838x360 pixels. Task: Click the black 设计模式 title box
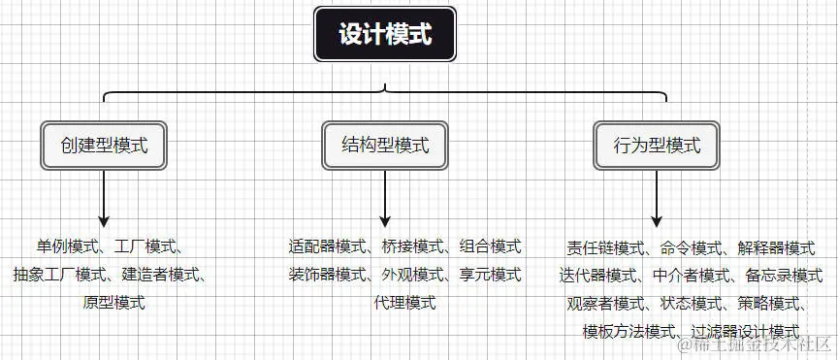[x=385, y=35]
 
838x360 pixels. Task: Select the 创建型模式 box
[x=104, y=147]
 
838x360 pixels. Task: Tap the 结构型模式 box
[x=385, y=147]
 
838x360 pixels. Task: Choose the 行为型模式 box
[x=657, y=147]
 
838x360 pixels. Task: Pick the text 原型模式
[x=113, y=303]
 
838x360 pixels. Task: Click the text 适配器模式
[x=327, y=245]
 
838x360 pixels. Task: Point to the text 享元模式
[x=490, y=274]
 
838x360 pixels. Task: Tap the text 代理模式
[x=404, y=303]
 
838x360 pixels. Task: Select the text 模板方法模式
[x=628, y=331]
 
